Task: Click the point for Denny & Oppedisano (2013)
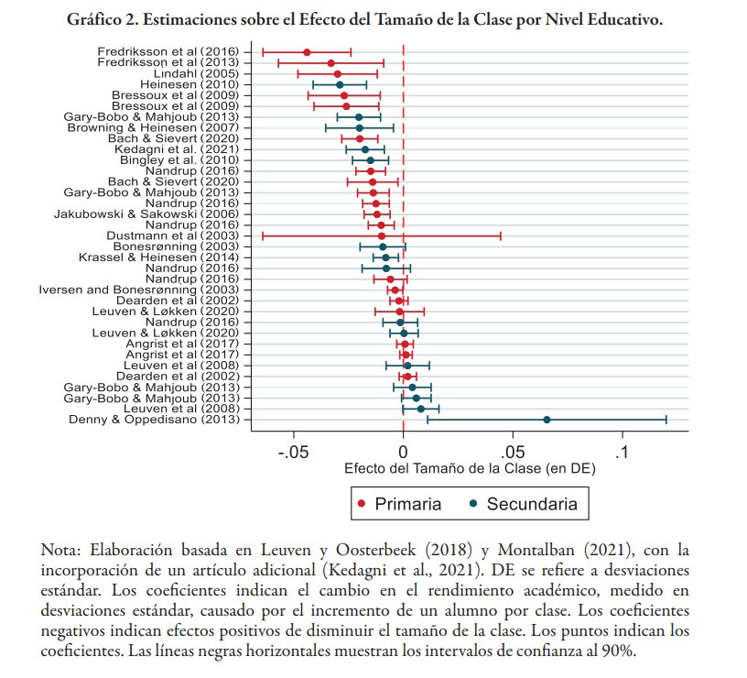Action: click(x=547, y=420)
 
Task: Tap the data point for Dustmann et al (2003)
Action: click(x=382, y=235)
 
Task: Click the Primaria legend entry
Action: click(x=399, y=504)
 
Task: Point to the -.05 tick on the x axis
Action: click(x=294, y=452)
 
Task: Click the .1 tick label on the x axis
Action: click(x=622, y=452)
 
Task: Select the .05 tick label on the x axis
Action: click(x=513, y=452)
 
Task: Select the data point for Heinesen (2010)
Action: click(x=340, y=84)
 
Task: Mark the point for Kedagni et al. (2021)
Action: click(x=364, y=149)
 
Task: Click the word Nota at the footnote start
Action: click(x=60, y=550)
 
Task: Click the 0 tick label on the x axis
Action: click(x=403, y=452)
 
